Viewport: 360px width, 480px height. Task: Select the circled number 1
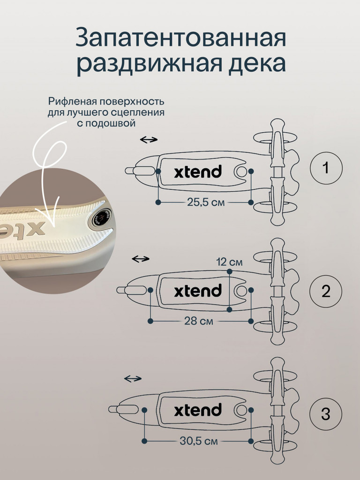(x=326, y=168)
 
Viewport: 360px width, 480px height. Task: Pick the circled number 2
(x=326, y=291)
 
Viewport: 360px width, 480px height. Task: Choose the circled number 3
(x=326, y=414)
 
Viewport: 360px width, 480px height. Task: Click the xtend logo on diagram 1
(x=197, y=172)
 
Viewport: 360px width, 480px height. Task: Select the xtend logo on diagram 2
(x=197, y=291)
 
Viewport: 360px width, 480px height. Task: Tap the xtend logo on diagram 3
(x=197, y=411)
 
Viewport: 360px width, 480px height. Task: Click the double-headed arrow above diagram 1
(x=149, y=140)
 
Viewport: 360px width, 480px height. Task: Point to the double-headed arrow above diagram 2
(x=140, y=259)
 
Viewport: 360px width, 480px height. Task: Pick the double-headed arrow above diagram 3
(x=133, y=378)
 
